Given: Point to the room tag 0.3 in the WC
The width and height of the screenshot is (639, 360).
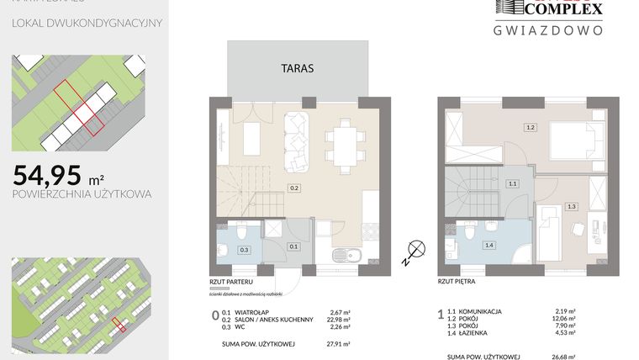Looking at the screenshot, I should [245, 250].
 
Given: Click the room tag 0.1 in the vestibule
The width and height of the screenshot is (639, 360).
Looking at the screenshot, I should [293, 246].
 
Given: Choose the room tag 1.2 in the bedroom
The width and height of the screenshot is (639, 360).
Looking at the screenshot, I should [530, 128].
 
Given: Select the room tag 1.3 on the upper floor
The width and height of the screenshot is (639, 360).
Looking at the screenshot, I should [571, 205].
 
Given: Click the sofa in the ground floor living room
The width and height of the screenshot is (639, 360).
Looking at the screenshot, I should [297, 139].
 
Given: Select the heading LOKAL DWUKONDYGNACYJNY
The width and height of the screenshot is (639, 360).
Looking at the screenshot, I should [87, 22].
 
